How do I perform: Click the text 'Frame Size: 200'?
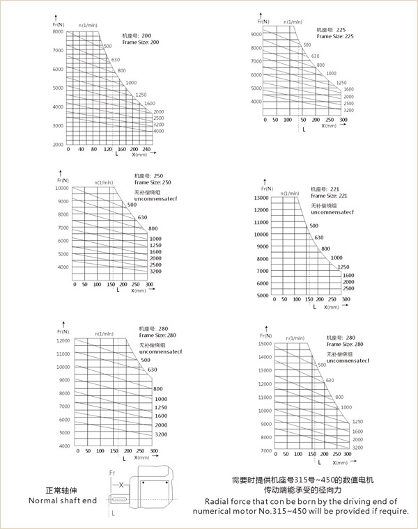pyautogui.click(x=141, y=42)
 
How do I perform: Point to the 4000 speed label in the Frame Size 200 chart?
pyautogui.click(x=158, y=131)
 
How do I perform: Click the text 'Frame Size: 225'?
pyautogui.click(x=335, y=36)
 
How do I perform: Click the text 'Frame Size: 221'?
pyautogui.click(x=329, y=196)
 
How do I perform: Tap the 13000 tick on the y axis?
pyautogui.click(x=261, y=198)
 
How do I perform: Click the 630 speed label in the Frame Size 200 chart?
pyautogui.click(x=115, y=59)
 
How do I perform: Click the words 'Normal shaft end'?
pyautogui.click(x=61, y=501)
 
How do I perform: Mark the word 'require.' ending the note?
pyautogui.click(x=394, y=513)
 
